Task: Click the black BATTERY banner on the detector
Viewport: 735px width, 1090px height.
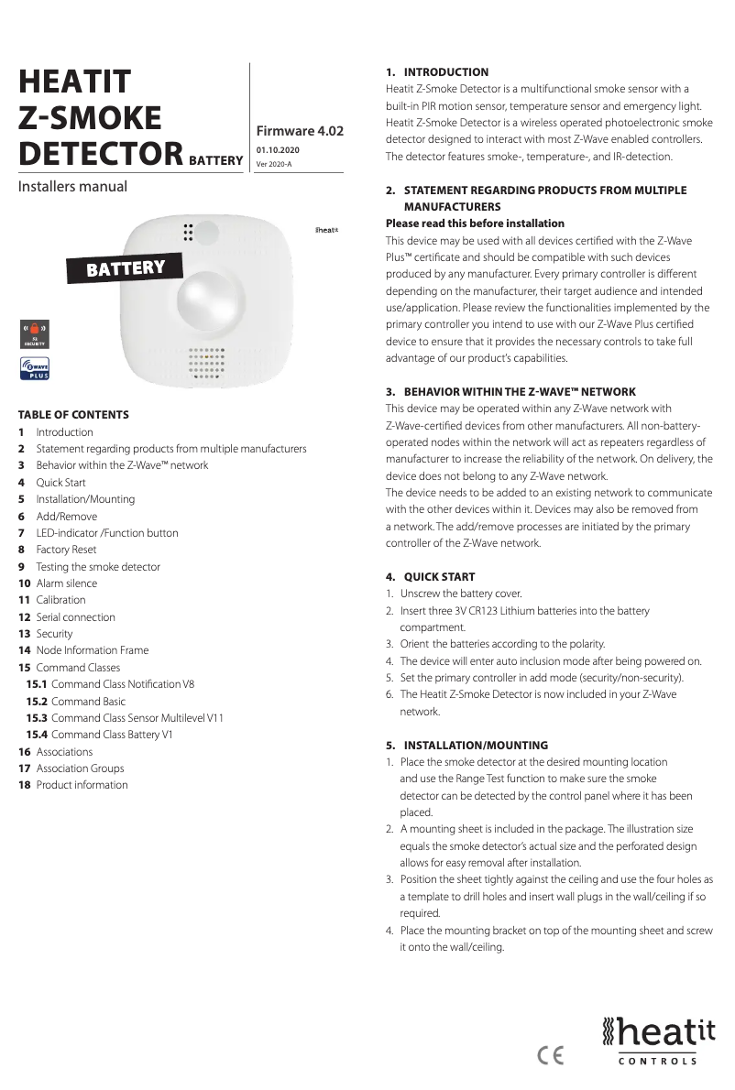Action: (x=126, y=267)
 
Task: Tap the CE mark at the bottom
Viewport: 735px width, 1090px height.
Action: (x=551, y=1055)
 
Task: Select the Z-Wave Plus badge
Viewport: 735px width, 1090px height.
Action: (x=35, y=369)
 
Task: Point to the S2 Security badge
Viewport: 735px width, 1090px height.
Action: (x=35, y=332)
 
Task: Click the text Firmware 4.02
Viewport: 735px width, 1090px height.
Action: (x=300, y=131)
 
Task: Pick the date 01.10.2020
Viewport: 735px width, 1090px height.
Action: (x=278, y=149)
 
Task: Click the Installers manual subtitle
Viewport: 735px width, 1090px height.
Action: (x=72, y=187)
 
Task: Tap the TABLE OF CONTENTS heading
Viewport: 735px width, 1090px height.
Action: (x=73, y=414)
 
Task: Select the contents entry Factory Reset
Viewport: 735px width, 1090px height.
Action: (x=65, y=550)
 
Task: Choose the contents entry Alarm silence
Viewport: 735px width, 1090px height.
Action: (x=66, y=583)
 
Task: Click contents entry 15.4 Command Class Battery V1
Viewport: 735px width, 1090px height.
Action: (x=112, y=735)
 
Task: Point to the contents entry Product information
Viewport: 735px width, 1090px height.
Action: (x=82, y=785)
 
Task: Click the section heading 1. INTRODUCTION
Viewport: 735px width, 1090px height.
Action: (x=437, y=71)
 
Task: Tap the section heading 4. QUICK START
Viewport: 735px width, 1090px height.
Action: (x=430, y=577)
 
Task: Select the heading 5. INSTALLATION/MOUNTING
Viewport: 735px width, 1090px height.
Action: (x=466, y=746)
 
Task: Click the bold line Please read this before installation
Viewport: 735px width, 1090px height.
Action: (x=475, y=223)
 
